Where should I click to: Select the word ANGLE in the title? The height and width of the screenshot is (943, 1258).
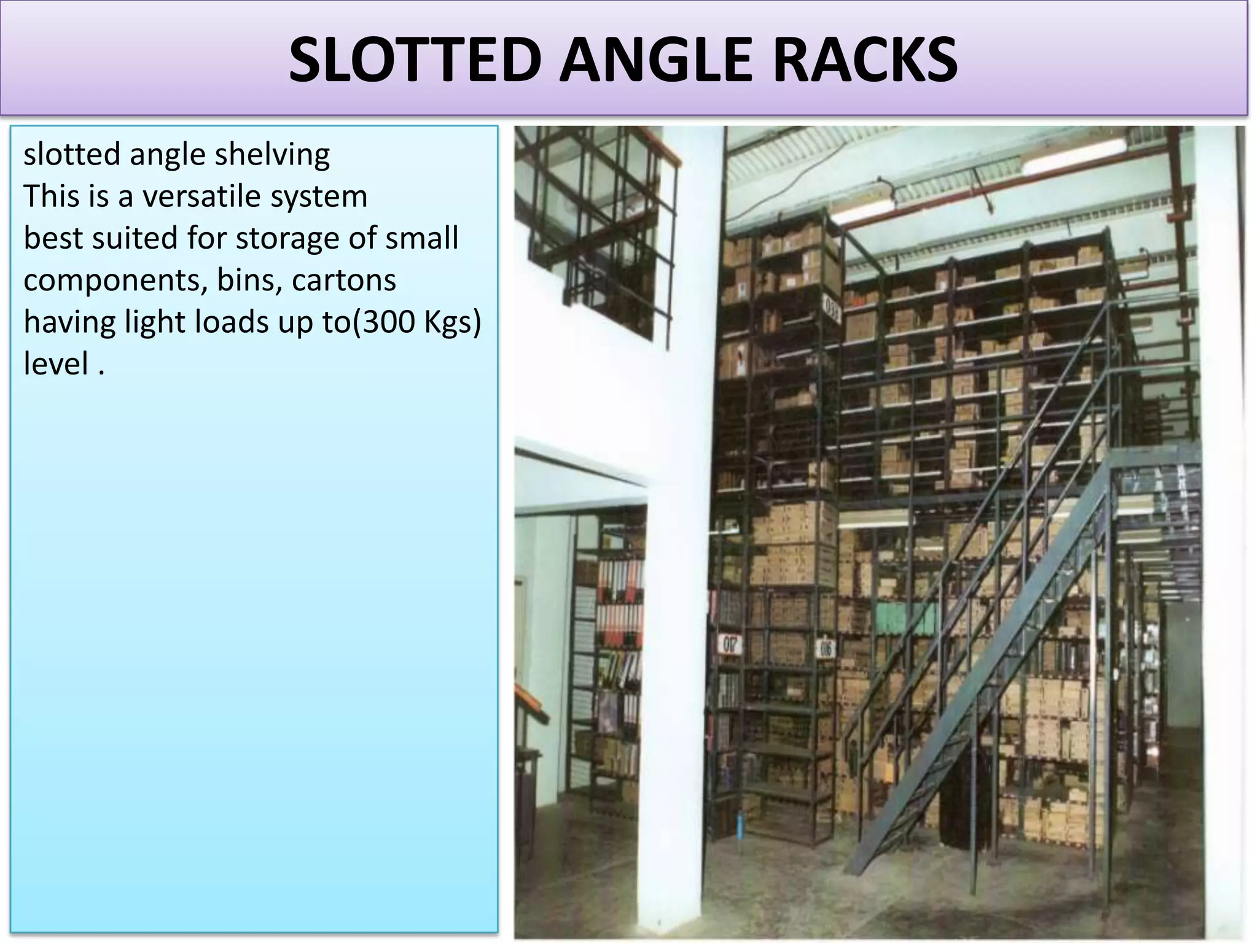[x=655, y=60]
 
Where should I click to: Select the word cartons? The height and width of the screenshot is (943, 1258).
[x=343, y=281]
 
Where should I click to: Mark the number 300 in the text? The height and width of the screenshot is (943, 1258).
[x=389, y=322]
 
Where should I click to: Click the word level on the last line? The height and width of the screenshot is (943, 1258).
[x=56, y=363]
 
